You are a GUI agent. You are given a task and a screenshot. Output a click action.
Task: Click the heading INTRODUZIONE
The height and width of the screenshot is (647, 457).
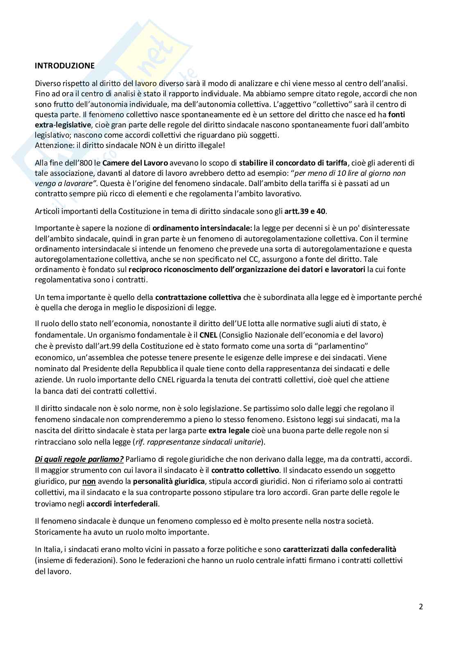[65, 66]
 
